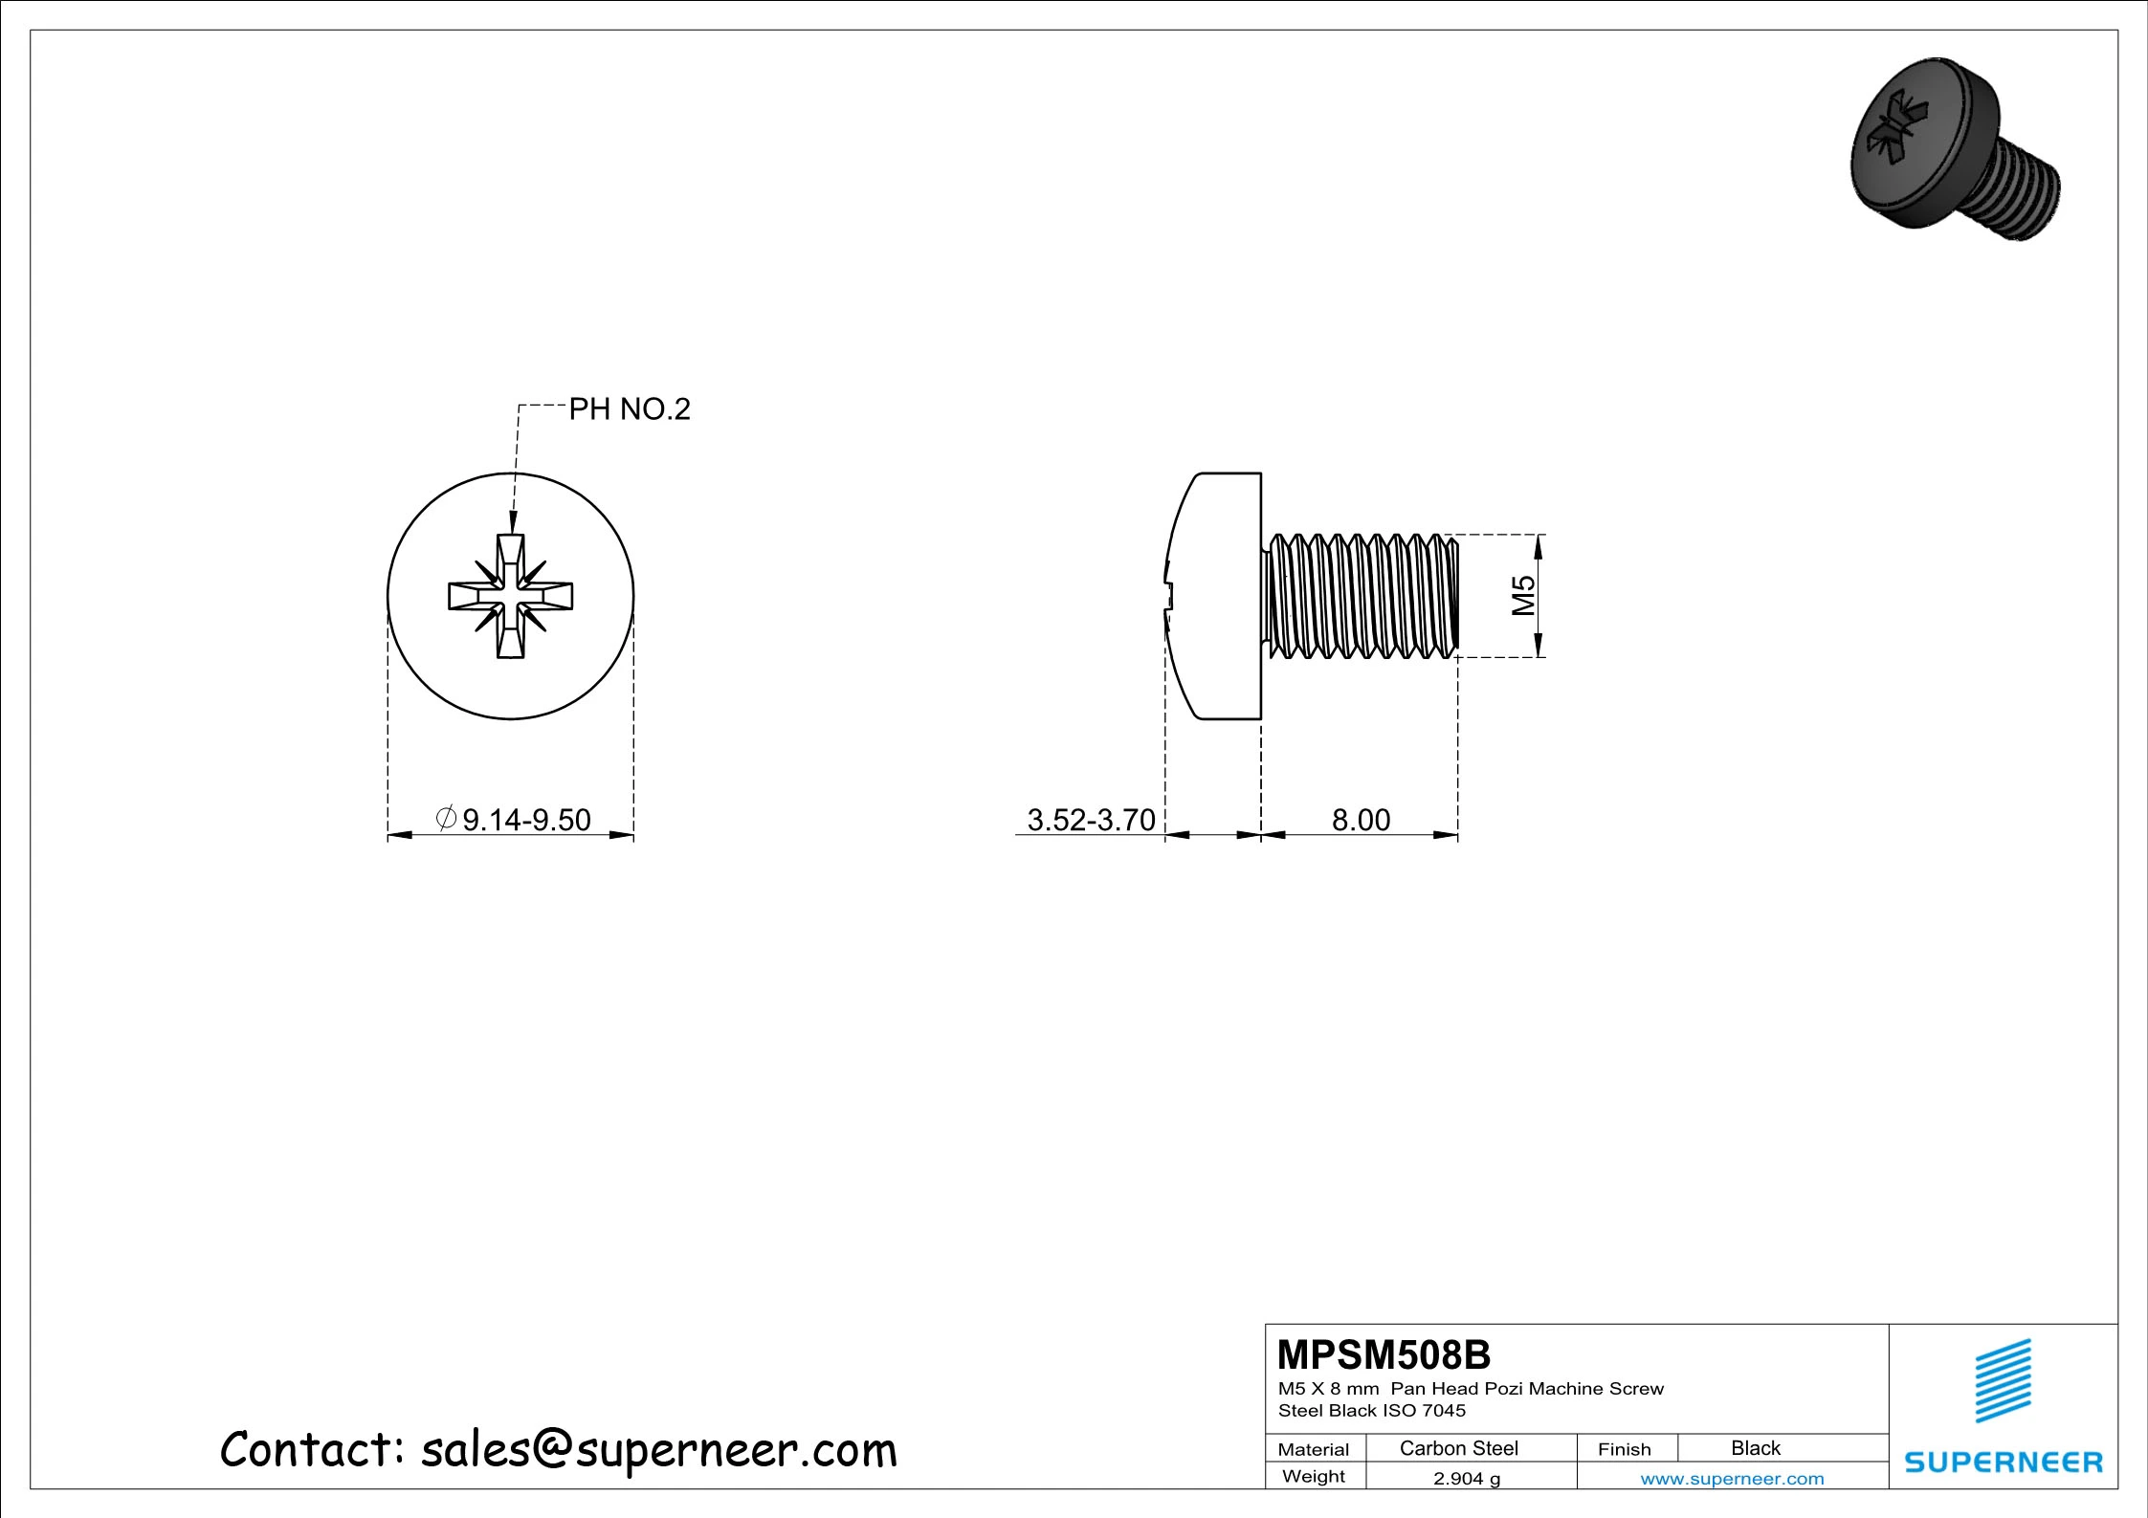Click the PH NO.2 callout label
tap(629, 409)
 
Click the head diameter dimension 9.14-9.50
tap(526, 820)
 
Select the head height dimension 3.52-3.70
tap(1091, 820)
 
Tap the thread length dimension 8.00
tap(1361, 820)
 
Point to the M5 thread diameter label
tap(1523, 595)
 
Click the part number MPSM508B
tap(1384, 1355)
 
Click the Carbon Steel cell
tap(1458, 1448)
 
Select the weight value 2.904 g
tap(1466, 1479)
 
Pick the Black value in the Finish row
tap(1755, 1448)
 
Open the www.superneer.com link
tap(1732, 1479)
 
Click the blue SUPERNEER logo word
tap(2003, 1463)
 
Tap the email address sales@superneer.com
tap(658, 1450)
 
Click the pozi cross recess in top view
tap(511, 596)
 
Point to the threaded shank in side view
tap(1361, 596)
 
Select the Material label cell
tap(1313, 1449)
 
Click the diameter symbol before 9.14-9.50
tap(446, 818)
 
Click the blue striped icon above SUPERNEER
tap(2003, 1380)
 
